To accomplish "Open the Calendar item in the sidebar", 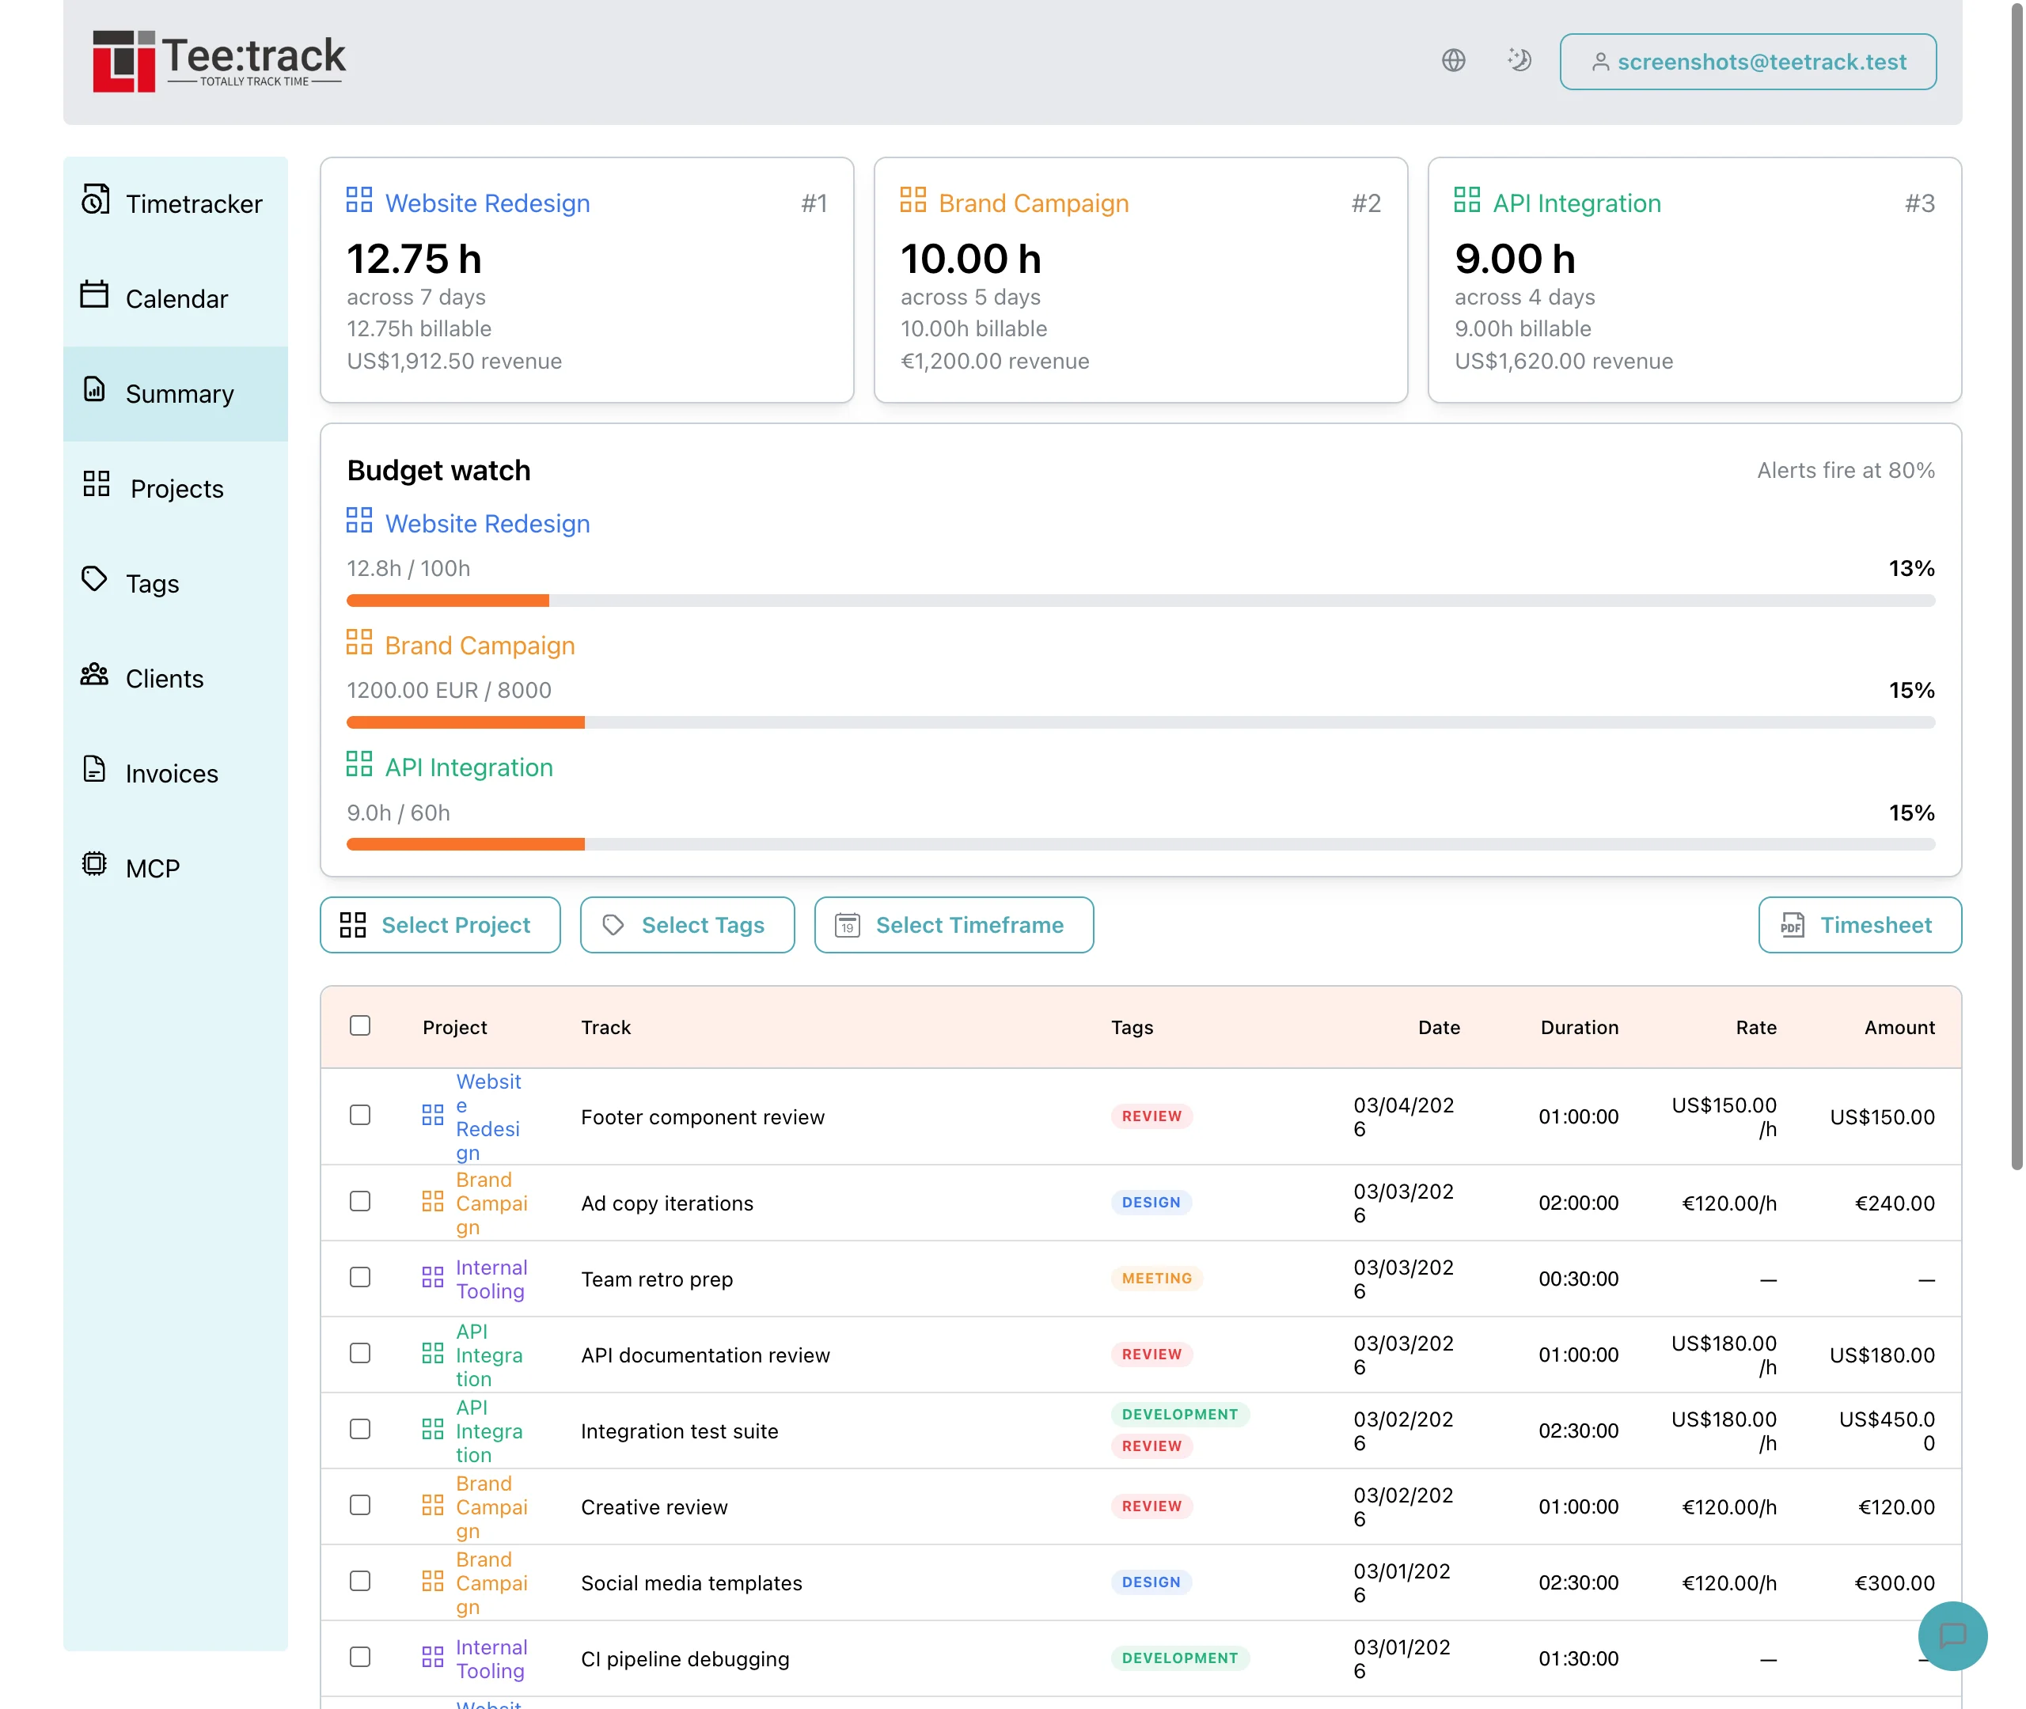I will pyautogui.click(x=176, y=298).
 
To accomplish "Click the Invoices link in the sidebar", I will pyautogui.click(x=172, y=773).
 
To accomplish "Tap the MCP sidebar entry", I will pyautogui.click(x=152, y=868).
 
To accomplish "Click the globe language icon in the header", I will pyautogui.click(x=1452, y=60).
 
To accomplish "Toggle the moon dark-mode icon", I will pyautogui.click(x=1518, y=60).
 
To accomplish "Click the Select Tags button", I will pyautogui.click(x=687, y=925).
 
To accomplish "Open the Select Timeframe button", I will pyautogui.click(x=954, y=925).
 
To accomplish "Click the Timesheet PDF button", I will pyautogui.click(x=1858, y=925).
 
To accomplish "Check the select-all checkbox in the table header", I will pyautogui.click(x=359, y=1025).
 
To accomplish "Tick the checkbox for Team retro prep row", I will pyautogui.click(x=359, y=1277).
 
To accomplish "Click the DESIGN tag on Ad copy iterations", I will pyautogui.click(x=1150, y=1203).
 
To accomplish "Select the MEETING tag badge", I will pyautogui.click(x=1156, y=1278).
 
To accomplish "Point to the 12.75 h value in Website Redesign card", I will pyautogui.click(x=414, y=259).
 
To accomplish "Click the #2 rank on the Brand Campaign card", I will pyautogui.click(x=1365, y=203).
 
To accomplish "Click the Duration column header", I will pyautogui.click(x=1578, y=1027).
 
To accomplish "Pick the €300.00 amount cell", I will pyautogui.click(x=1893, y=1583).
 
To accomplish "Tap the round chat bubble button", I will pyautogui.click(x=1952, y=1635).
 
